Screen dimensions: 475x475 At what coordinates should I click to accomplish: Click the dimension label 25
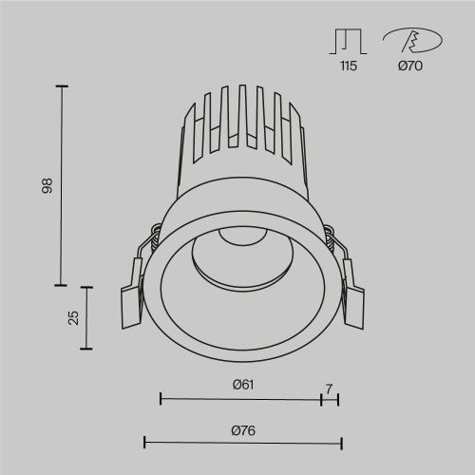[x=73, y=317]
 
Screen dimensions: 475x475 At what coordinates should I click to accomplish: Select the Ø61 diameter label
[x=241, y=385]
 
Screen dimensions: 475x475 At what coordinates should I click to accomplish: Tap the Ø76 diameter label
[x=241, y=429]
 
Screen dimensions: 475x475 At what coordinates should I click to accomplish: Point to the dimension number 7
[x=329, y=388]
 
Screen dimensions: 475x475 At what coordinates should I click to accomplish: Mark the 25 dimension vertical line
[x=89, y=317]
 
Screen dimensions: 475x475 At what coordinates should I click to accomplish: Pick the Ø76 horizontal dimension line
[x=241, y=442]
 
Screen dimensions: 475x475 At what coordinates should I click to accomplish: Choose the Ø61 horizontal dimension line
[x=241, y=398]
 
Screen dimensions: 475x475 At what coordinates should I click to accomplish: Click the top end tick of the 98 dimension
[x=63, y=86]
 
